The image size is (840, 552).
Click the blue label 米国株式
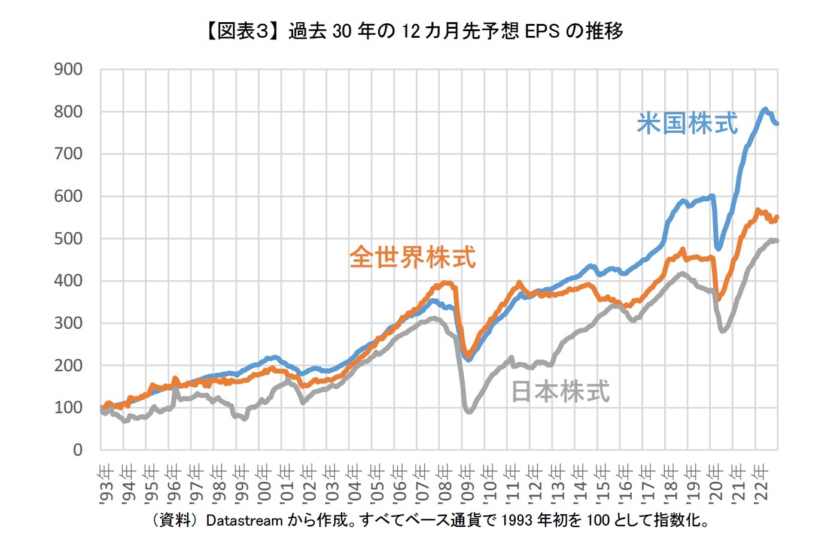687,124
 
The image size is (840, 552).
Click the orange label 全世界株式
413,257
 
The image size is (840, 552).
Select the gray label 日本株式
561,392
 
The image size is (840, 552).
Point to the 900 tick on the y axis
68,69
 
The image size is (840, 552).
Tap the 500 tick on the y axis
68,238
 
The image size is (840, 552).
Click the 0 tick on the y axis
77,450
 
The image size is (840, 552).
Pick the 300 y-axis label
68,323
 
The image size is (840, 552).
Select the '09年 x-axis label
467,484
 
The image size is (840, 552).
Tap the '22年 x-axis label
760,484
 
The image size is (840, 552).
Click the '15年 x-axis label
602,484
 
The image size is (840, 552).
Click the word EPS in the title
542,31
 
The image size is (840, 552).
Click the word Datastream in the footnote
244,520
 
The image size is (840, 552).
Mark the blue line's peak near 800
765,110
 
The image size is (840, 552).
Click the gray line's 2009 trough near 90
468,411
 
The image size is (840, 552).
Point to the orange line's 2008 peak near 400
446,283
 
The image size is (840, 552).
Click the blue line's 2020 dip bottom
719,248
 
